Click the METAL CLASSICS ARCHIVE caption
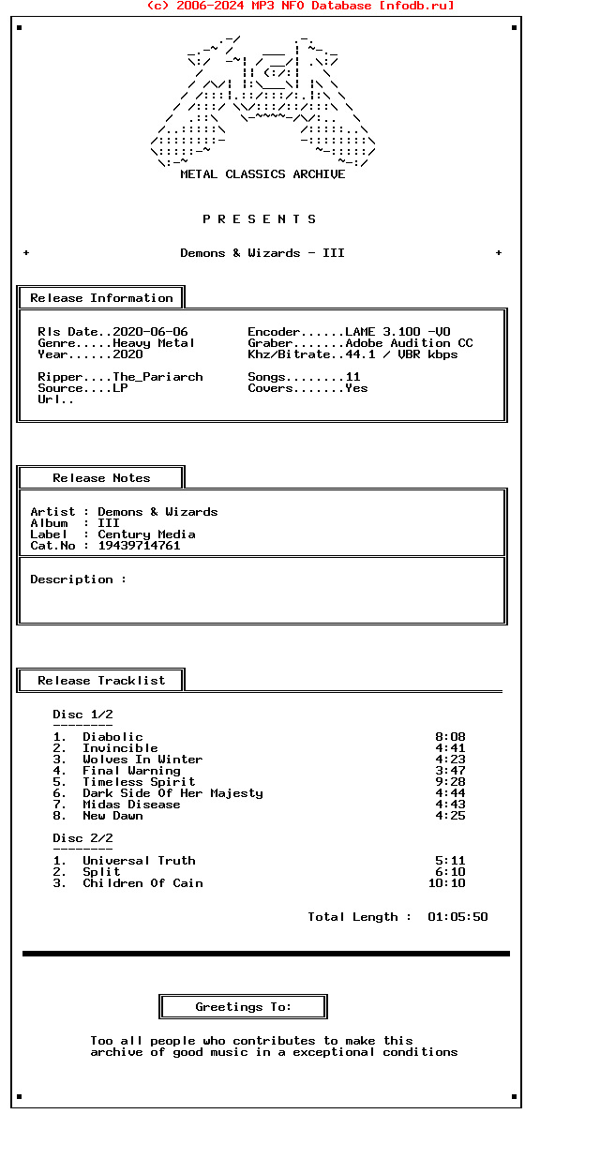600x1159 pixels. pyautogui.click(x=262, y=174)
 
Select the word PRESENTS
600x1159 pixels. pyautogui.click(x=260, y=219)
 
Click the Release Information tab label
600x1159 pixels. pyautogui.click(x=101, y=298)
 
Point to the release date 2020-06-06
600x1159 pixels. pyautogui.click(x=150, y=332)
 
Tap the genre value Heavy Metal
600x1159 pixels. pyautogui.click(x=154, y=343)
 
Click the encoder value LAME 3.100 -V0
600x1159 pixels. pyautogui.click(x=397, y=332)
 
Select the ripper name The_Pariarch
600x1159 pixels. pyautogui.click(x=157, y=377)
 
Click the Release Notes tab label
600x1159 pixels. pyautogui.click(x=101, y=478)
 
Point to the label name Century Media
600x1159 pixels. pyautogui.click(x=146, y=534)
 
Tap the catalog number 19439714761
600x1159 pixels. pyautogui.click(x=139, y=546)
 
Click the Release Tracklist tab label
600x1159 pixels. pyautogui.click(x=101, y=681)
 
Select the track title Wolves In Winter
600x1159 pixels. pyautogui.click(x=142, y=760)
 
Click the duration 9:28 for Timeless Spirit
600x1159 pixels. pyautogui.click(x=450, y=782)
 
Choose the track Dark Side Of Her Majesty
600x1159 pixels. pyautogui.click(x=172, y=793)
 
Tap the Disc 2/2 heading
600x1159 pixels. pyautogui.click(x=82, y=838)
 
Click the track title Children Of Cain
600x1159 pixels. pyautogui.click(x=142, y=883)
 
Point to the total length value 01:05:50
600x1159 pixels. pyautogui.click(x=457, y=917)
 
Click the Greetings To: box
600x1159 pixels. pyautogui.click(x=243, y=1007)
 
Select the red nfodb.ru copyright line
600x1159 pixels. pyautogui.click(x=300, y=6)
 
